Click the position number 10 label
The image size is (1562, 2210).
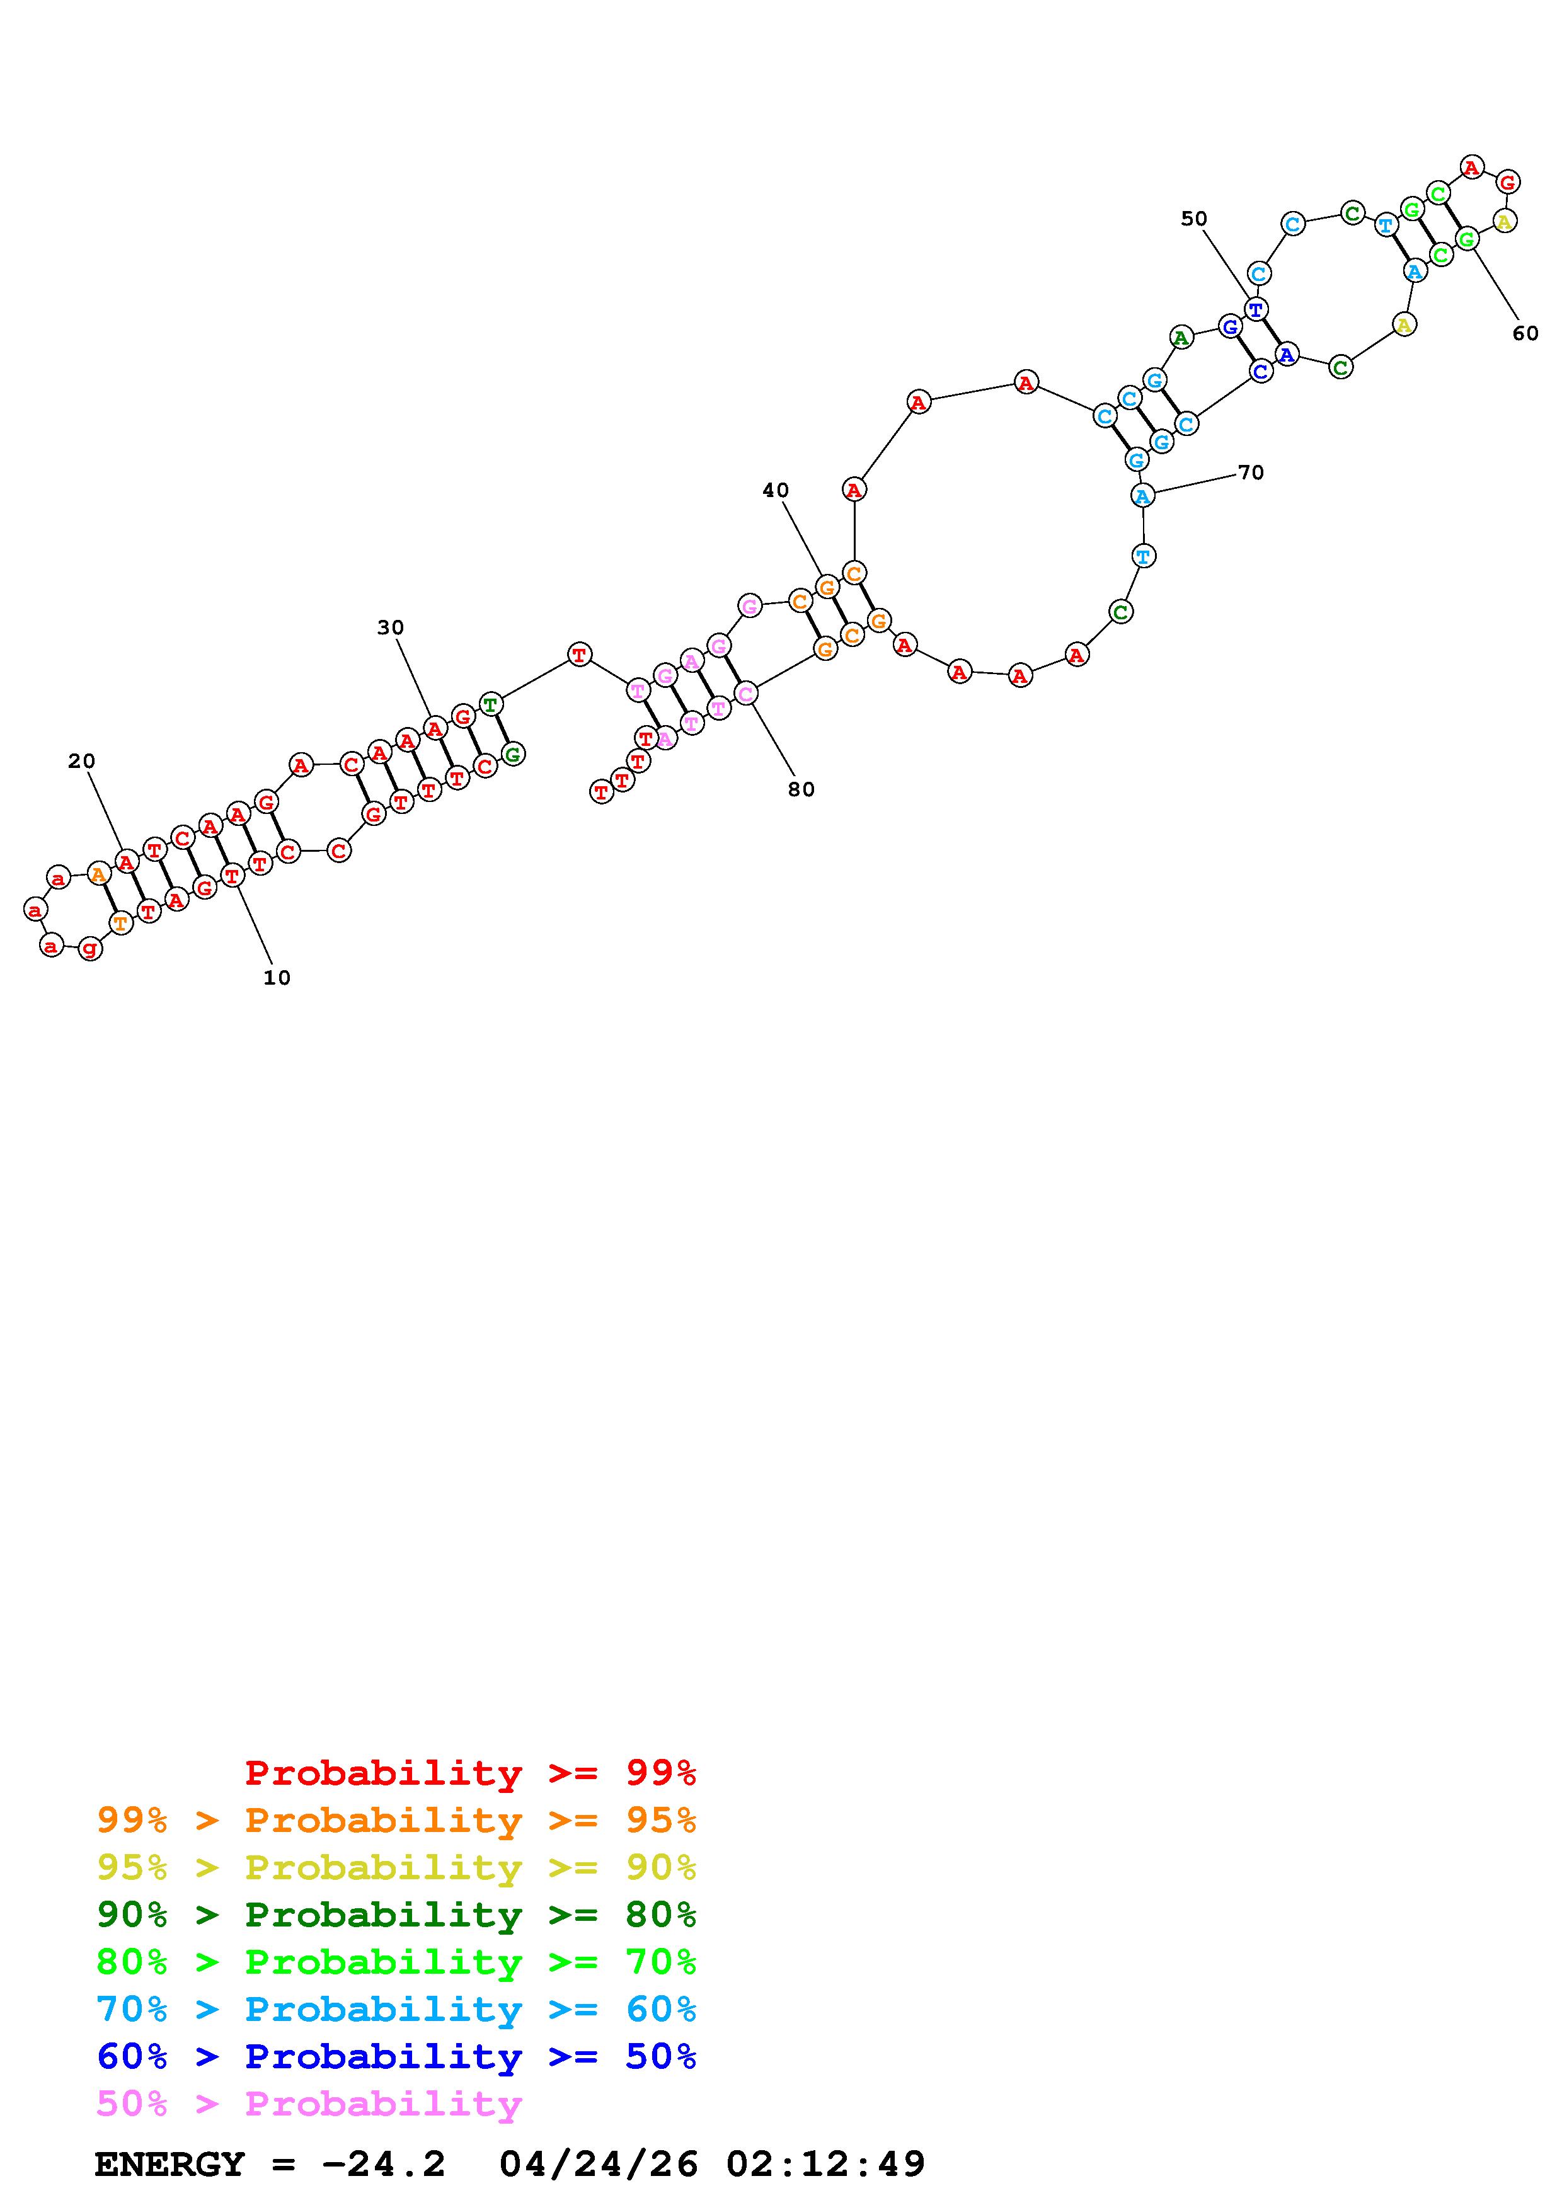tap(277, 978)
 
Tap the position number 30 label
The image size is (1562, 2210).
tap(391, 627)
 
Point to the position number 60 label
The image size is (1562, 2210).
tap(1525, 334)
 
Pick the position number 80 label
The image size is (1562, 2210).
tap(801, 790)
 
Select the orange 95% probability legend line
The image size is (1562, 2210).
tap(396, 1820)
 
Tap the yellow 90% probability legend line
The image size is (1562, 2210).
tap(396, 1867)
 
